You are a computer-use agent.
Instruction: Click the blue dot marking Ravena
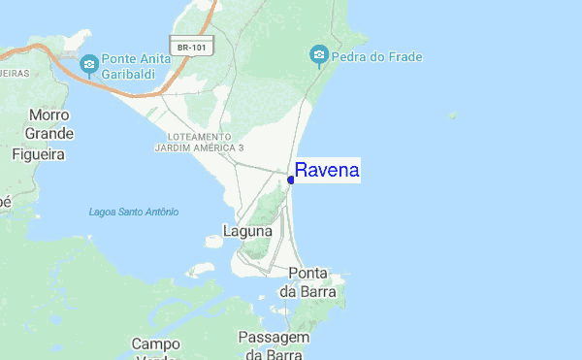291,180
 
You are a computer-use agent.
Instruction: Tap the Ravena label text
327,171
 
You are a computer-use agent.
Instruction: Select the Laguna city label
247,231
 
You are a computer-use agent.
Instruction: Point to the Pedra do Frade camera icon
319,57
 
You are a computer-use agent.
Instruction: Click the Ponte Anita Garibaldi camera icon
89,65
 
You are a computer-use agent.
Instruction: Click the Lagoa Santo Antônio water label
133,212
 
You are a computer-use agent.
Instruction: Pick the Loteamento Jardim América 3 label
199,143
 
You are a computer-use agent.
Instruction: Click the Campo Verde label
155,348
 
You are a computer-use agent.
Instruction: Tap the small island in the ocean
453,115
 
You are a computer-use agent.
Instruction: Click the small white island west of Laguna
202,270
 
